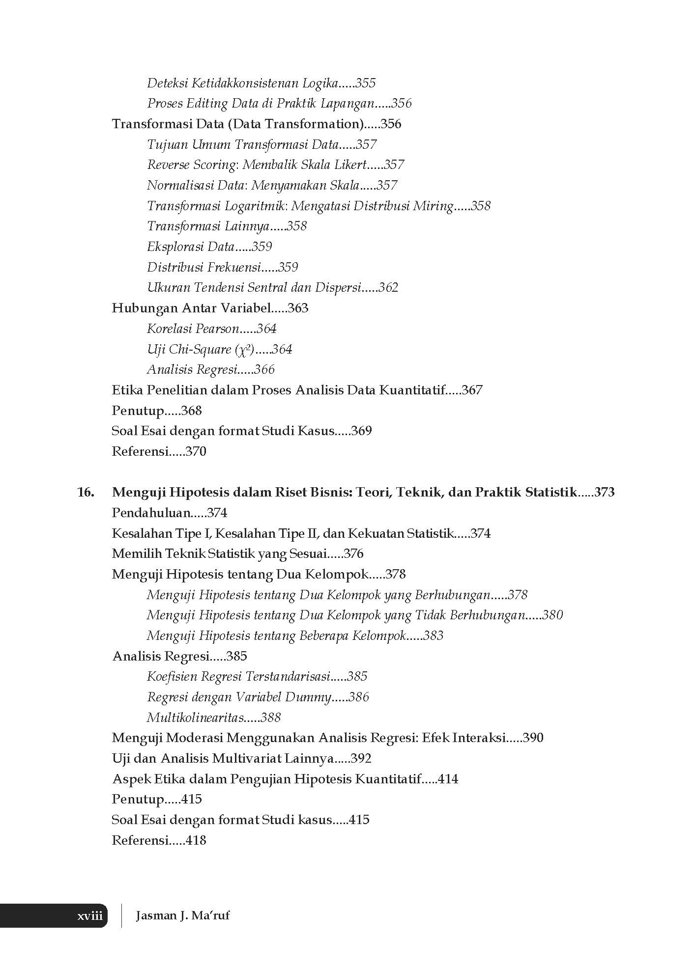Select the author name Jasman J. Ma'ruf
click(182, 915)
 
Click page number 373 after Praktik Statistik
click(604, 492)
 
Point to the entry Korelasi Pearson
click(193, 329)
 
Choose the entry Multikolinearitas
click(196, 718)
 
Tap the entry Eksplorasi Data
click(191, 247)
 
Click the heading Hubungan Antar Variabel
click(192, 308)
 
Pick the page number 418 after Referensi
click(196, 840)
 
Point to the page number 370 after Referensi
click(196, 451)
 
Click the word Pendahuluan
click(151, 513)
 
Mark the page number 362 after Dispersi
click(388, 287)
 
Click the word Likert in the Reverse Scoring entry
click(351, 165)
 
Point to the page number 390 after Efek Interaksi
click(533, 738)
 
